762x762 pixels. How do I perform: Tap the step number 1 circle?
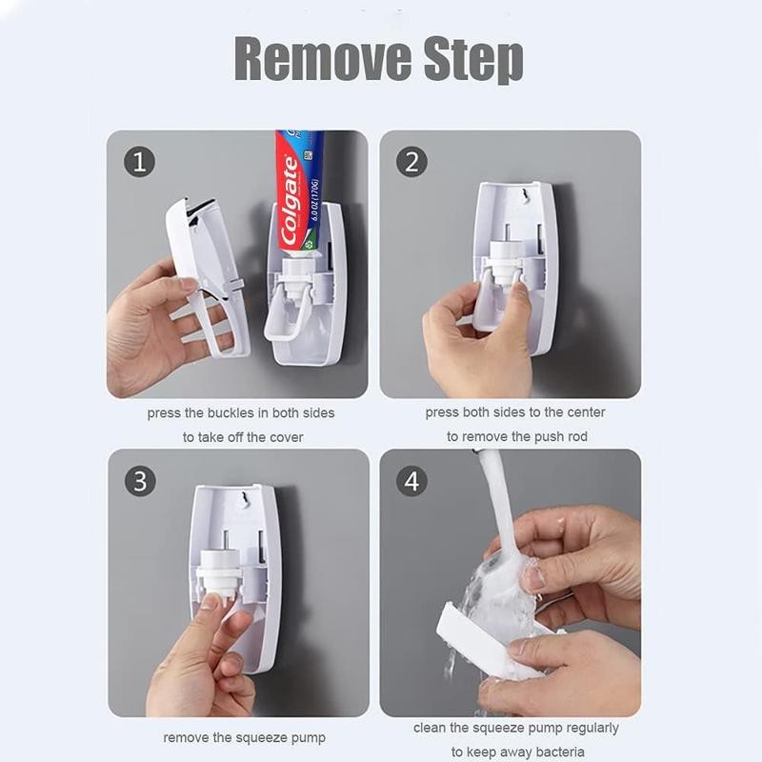pos(139,162)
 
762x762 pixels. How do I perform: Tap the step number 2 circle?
pos(411,162)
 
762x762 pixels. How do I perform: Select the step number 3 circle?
pos(139,481)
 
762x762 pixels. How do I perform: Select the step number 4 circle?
pos(411,481)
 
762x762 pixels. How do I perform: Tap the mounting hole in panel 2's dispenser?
pos(519,197)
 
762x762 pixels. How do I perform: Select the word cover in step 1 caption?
pos(286,437)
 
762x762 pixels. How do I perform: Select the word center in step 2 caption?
pos(583,412)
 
